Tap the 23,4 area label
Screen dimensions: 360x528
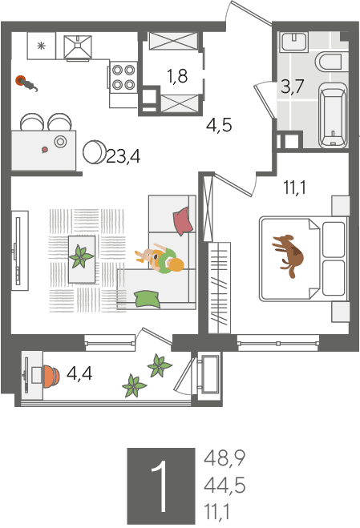click(x=123, y=156)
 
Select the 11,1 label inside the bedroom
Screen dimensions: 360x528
click(x=294, y=187)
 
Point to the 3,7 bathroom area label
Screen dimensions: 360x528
click(x=293, y=87)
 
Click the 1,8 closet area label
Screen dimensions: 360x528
click(x=178, y=76)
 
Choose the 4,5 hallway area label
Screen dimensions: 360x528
click(x=219, y=125)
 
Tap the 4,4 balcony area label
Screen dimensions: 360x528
click(x=79, y=373)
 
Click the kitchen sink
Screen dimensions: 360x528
click(x=78, y=46)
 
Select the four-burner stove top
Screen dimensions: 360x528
click(x=123, y=77)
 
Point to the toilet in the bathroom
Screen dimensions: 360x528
click(x=332, y=62)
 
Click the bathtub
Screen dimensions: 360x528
click(x=333, y=115)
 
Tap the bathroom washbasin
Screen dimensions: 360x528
click(x=294, y=42)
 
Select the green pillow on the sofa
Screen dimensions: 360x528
click(x=148, y=299)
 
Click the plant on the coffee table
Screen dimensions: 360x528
click(x=81, y=256)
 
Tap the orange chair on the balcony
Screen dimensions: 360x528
click(x=51, y=375)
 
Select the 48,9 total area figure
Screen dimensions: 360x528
click(x=224, y=458)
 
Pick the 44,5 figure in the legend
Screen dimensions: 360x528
click(x=224, y=486)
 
